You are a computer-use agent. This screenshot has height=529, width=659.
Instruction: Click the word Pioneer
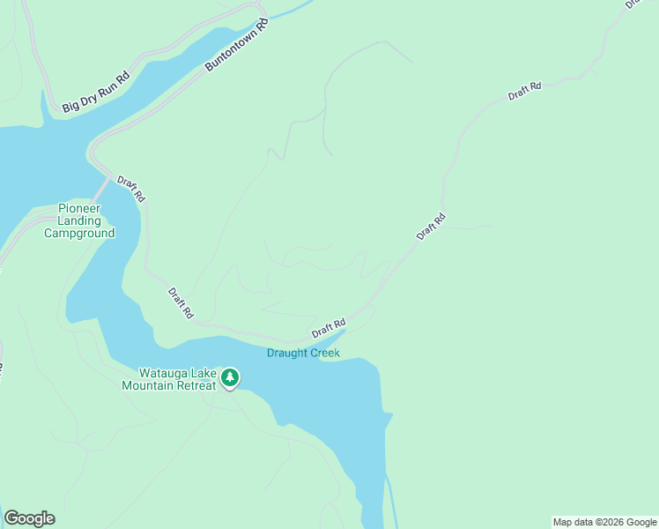click(x=79, y=209)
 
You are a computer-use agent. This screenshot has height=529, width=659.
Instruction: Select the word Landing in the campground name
click(x=79, y=221)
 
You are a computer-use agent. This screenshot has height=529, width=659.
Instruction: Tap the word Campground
click(x=79, y=234)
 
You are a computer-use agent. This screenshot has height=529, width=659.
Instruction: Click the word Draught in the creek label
click(x=286, y=354)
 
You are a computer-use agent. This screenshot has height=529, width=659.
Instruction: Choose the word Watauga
click(x=164, y=373)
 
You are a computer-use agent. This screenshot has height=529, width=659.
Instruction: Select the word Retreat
click(x=197, y=385)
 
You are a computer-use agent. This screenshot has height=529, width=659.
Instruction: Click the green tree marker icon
click(x=230, y=377)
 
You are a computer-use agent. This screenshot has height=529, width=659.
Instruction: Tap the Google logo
click(x=29, y=518)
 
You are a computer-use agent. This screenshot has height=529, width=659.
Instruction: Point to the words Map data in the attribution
click(x=572, y=522)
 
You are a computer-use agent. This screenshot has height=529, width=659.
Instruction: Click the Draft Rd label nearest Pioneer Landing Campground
click(x=130, y=190)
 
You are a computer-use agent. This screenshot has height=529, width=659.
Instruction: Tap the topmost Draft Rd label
click(x=524, y=91)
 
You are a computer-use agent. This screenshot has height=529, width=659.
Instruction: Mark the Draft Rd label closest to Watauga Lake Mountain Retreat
click(x=181, y=302)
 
